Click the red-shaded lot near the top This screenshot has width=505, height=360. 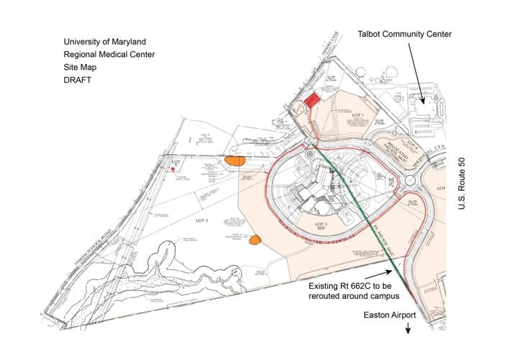tap(311, 101)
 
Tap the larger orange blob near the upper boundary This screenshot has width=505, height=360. tap(235, 161)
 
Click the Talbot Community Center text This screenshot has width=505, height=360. tap(404, 34)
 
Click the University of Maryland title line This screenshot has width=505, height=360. tap(104, 41)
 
